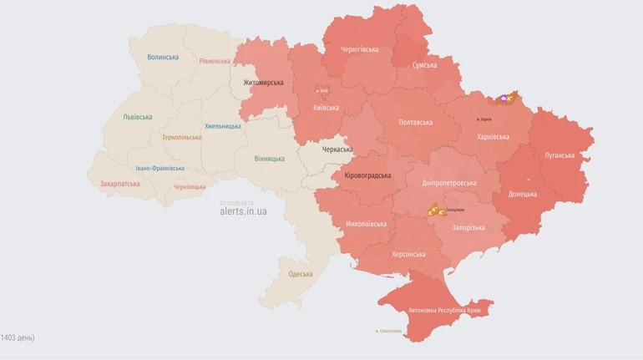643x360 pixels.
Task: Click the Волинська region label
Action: click(163, 58)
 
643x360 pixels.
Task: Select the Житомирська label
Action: click(263, 83)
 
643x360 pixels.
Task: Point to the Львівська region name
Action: click(137, 118)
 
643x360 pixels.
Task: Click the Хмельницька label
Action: click(223, 126)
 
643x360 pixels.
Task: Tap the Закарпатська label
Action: click(119, 184)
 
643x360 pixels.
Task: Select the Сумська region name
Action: click(424, 65)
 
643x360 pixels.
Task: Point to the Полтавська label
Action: click(416, 123)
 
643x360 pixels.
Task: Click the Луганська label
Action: click(559, 155)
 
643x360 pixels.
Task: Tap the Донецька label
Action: click(523, 194)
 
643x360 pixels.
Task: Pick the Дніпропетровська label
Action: click(449, 183)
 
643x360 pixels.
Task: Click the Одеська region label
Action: click(301, 274)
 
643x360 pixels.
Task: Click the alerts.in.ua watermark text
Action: click(243, 212)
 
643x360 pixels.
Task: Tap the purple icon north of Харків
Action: click(504, 99)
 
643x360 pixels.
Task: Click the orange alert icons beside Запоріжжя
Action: click(435, 211)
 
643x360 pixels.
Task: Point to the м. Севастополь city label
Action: click(388, 331)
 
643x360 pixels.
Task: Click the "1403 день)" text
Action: click(18, 337)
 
